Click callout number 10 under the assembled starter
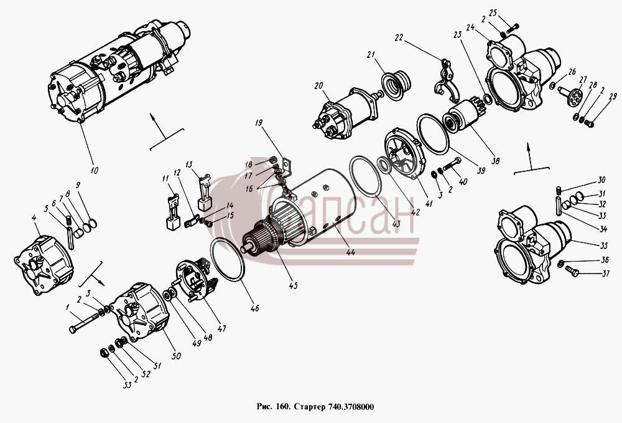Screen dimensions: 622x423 (94, 171)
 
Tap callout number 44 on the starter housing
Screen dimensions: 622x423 (350, 252)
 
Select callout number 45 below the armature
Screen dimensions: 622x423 (293, 285)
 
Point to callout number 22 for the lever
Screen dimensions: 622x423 (399, 38)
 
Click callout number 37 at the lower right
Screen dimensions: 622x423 (605, 273)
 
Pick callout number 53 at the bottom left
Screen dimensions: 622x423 (127, 385)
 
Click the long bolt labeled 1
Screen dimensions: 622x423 (84, 322)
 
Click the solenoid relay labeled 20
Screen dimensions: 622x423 (345, 114)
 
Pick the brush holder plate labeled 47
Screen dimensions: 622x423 (194, 279)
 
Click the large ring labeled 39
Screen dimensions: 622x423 (432, 134)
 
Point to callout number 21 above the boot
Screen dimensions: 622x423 (371, 55)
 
